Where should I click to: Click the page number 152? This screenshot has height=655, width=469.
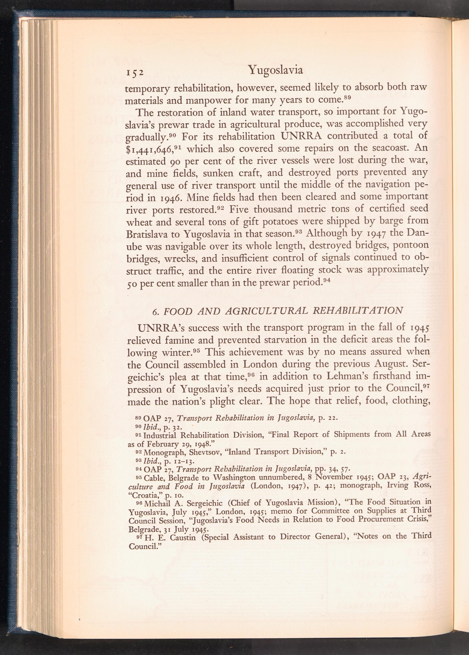135,72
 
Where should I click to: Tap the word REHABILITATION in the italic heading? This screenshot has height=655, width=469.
358,310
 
